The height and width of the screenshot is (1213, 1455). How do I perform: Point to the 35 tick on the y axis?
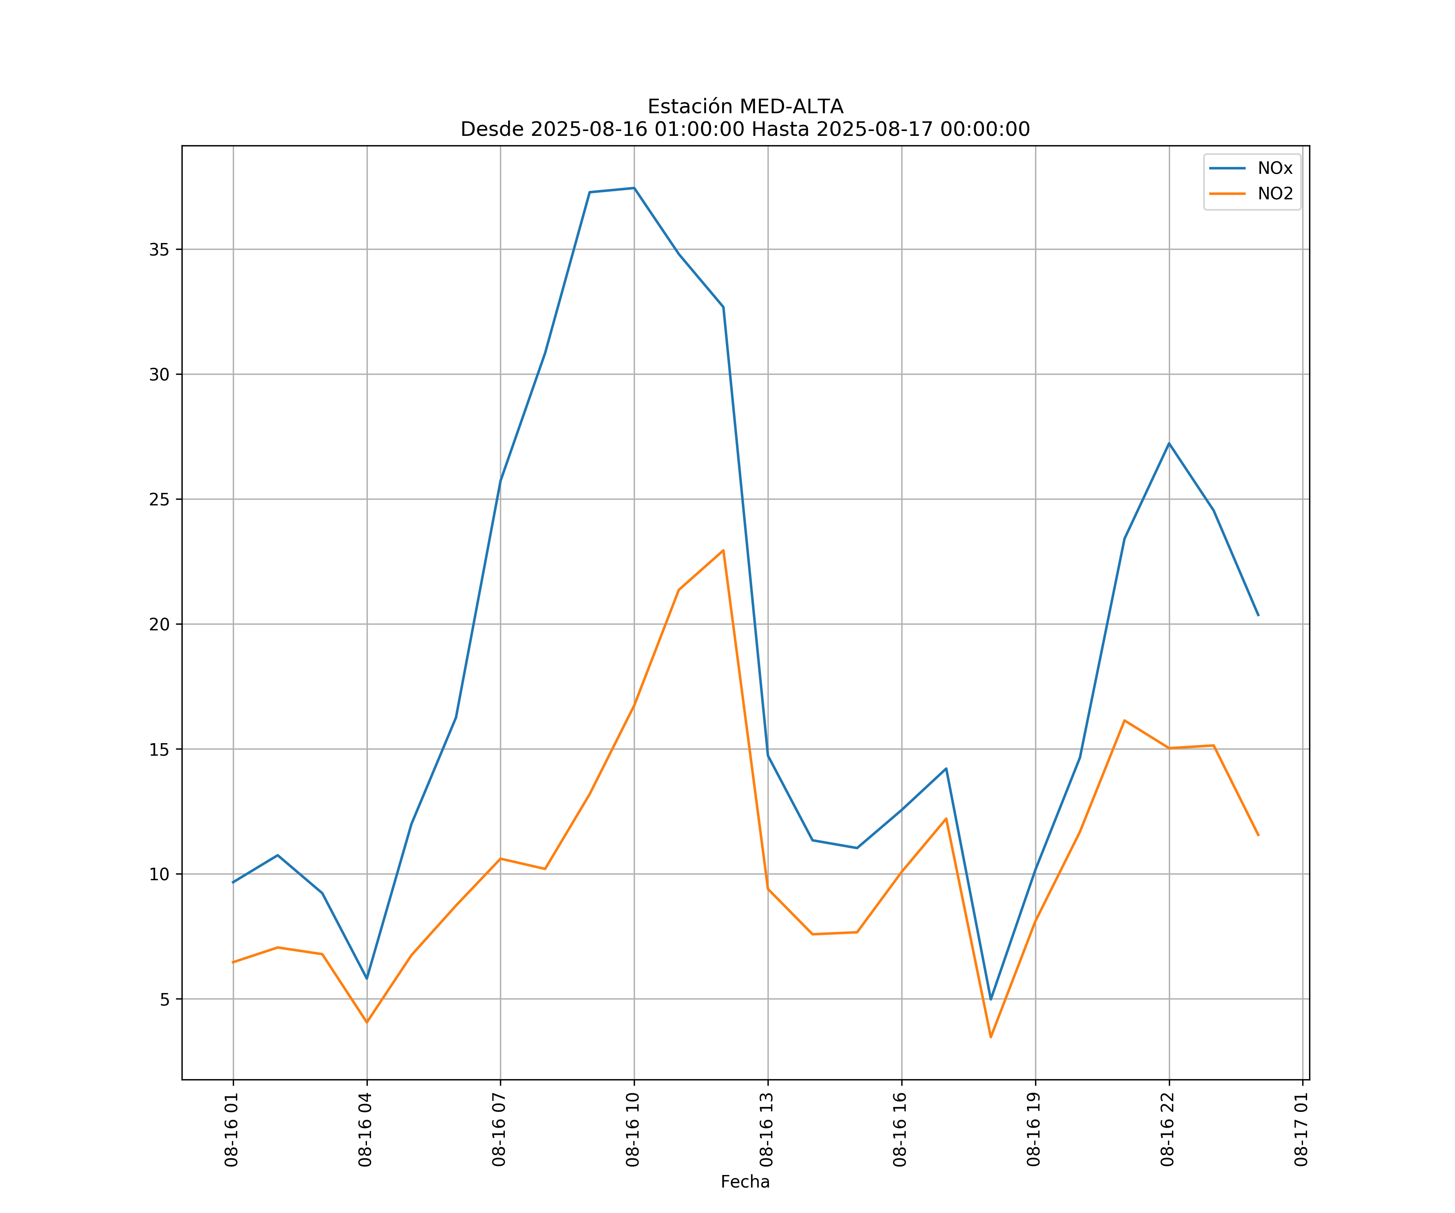(x=159, y=249)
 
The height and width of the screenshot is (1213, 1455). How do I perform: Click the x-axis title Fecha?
(x=745, y=1182)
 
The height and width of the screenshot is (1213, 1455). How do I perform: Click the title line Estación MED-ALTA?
(x=745, y=107)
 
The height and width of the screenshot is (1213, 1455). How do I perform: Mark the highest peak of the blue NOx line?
(x=634, y=188)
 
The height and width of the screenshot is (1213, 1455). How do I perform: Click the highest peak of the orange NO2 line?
(x=723, y=550)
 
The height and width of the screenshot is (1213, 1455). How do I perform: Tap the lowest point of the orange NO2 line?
(x=991, y=1037)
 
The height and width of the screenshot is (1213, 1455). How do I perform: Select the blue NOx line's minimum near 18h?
(x=991, y=1000)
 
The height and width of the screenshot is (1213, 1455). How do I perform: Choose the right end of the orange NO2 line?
(x=1258, y=835)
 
